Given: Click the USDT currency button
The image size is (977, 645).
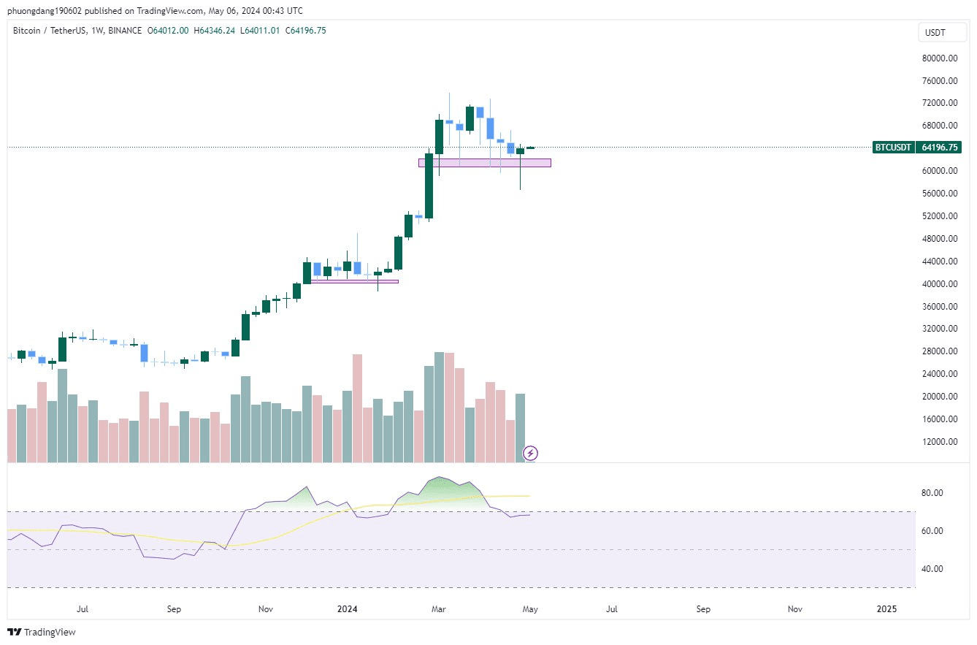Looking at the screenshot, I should point(935,33).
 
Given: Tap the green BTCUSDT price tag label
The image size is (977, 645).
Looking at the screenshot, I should point(894,148).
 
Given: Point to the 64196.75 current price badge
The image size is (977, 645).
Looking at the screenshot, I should point(940,148).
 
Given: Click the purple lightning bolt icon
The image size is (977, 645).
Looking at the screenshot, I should point(532,454).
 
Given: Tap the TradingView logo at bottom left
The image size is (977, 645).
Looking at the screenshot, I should point(42,632).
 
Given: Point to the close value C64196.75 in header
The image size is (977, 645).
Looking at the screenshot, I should point(305,30).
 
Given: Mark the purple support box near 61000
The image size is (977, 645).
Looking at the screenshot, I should point(484,163).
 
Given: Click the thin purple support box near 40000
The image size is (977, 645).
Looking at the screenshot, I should point(355,281).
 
